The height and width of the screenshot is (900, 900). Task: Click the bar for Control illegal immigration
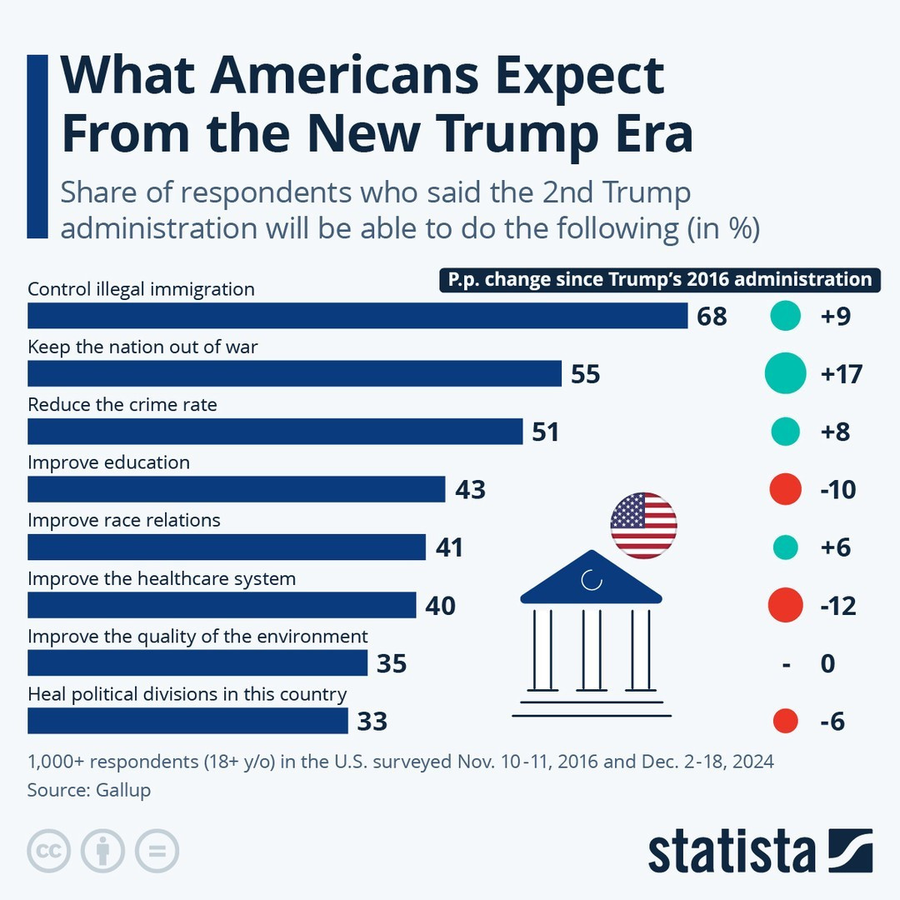[x=357, y=316]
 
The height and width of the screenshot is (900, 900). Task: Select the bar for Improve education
[x=237, y=489]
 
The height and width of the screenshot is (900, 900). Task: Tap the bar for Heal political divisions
[x=187, y=721]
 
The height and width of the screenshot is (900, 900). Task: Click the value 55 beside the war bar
[x=586, y=374]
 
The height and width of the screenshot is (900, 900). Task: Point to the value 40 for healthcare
[x=440, y=606]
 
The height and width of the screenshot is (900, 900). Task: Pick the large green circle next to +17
[x=785, y=373]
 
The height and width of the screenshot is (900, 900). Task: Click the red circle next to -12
[x=784, y=605]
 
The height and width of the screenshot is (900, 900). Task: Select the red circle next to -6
[x=785, y=721]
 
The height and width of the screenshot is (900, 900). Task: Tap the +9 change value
[x=835, y=317]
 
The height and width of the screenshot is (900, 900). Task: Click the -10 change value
[x=837, y=490]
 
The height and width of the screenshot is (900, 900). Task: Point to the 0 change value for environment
[x=827, y=664]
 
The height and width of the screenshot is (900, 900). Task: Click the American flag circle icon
[x=643, y=525]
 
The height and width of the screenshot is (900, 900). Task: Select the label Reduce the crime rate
[x=122, y=405]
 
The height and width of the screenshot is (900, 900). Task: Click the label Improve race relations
[x=124, y=520]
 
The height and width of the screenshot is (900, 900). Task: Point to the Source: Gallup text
[x=89, y=790]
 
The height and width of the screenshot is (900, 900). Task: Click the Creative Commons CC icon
[x=49, y=851]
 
